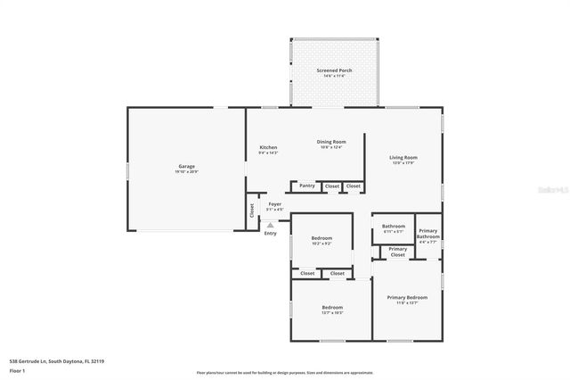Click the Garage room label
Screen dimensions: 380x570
(186, 168)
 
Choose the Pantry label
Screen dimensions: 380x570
(306, 186)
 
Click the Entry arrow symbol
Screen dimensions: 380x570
(270, 225)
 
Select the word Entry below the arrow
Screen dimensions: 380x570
(270, 234)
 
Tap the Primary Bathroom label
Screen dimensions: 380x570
(427, 235)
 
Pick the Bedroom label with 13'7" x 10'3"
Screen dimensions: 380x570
(331, 310)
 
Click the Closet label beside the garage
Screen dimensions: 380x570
(251, 211)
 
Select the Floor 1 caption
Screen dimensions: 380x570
(17, 370)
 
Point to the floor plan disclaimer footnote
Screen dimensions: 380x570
(285, 372)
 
